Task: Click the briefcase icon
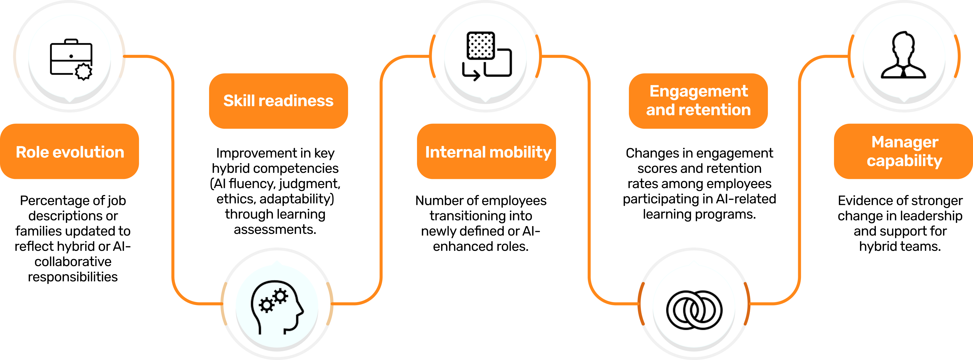pyautogui.click(x=71, y=58)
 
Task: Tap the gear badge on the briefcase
pyautogui.click(x=83, y=72)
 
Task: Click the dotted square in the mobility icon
pyautogui.click(x=481, y=45)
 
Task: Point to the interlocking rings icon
pyautogui.click(x=694, y=310)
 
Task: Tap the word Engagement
pyautogui.click(x=698, y=91)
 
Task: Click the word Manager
pyautogui.click(x=905, y=142)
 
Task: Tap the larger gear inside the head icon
pyautogui.click(x=280, y=296)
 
